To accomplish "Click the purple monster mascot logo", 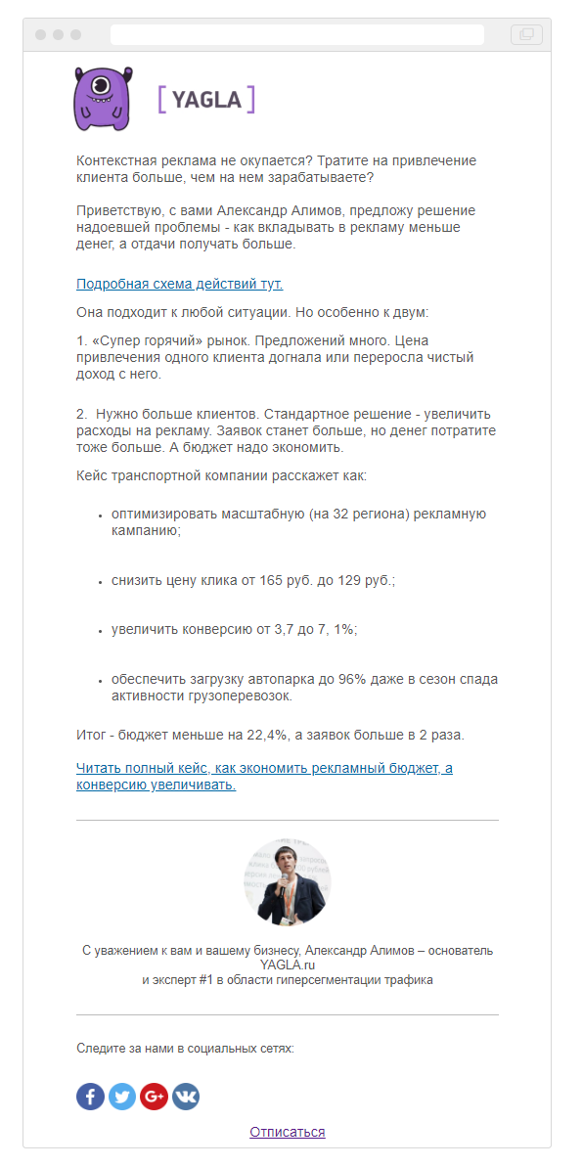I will coord(102,99).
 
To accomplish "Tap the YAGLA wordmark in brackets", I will coord(206,99).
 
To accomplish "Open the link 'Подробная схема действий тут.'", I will coord(179,284).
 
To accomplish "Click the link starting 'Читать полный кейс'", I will coord(264,768).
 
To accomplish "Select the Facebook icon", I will coord(90,1096).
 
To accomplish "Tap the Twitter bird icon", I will coord(122,1096).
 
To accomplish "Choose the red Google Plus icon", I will coord(154,1096).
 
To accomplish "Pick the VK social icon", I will coord(186,1096).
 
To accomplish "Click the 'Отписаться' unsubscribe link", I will coord(287,1132).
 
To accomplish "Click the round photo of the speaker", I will coord(287,881).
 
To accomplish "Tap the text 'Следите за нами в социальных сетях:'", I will coord(185,1049).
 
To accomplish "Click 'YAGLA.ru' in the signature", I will coord(287,965).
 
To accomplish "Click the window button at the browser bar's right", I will coord(526,34).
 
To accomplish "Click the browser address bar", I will coord(296,34).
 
